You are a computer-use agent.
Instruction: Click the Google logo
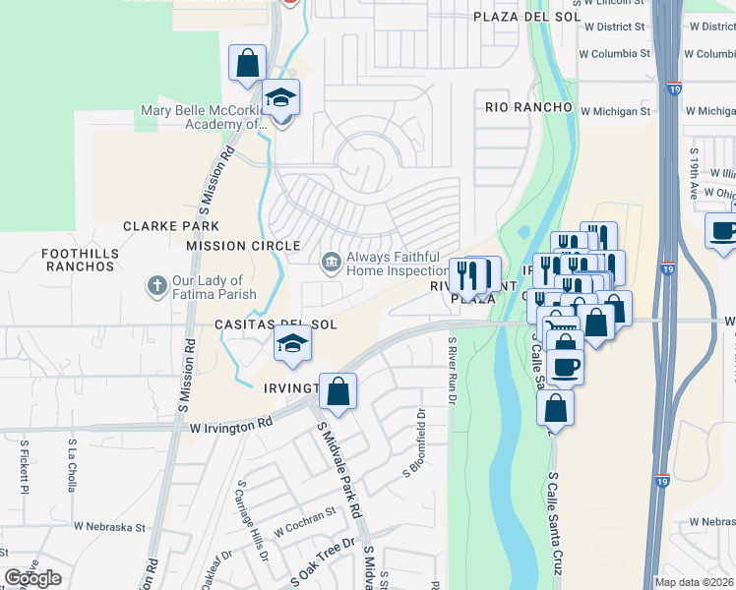tap(32, 578)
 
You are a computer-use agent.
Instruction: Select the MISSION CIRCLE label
tap(243, 246)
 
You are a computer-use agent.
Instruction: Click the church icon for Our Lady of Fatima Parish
tap(155, 286)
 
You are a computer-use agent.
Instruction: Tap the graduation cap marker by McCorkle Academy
tap(282, 100)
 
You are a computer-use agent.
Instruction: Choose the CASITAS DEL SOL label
tap(276, 324)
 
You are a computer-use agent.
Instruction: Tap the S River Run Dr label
tap(453, 371)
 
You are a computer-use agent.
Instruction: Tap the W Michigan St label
tap(615, 111)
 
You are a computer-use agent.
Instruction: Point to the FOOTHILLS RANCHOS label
tap(79, 260)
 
